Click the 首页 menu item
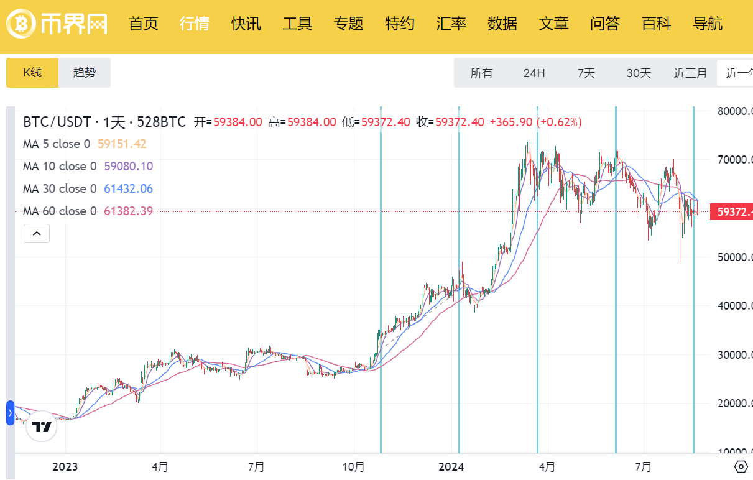click(144, 24)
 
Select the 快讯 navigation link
click(246, 24)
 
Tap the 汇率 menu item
click(451, 24)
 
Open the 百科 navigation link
click(657, 24)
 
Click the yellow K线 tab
click(32, 73)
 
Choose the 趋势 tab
click(85, 73)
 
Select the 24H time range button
click(534, 73)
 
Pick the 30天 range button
click(639, 73)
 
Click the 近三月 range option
click(690, 73)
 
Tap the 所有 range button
click(481, 73)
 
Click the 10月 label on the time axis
click(354, 467)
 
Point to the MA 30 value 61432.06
click(128, 188)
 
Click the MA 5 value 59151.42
click(122, 144)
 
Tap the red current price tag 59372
click(734, 212)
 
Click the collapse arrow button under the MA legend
click(37, 234)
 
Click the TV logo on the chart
click(42, 427)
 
